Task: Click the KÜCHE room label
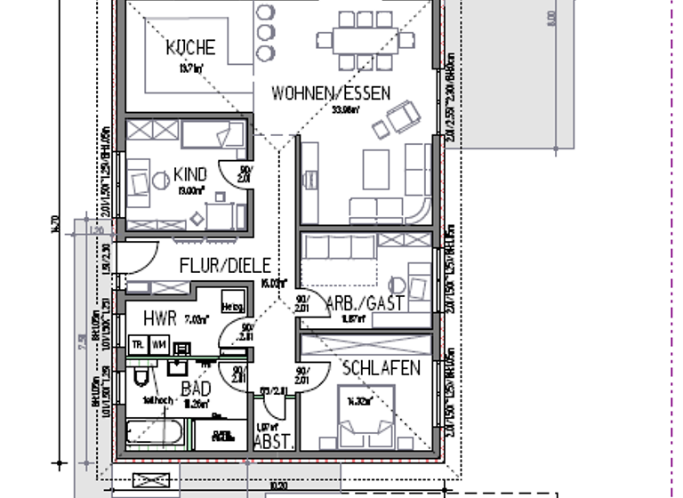190,48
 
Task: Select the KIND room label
190,173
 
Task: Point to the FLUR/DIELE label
224,265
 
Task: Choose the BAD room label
196,389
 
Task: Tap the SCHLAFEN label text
381,368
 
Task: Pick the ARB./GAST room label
366,303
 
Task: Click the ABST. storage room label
269,439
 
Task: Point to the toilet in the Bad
141,380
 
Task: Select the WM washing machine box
159,343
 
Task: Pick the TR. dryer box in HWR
139,343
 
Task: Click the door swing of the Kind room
239,173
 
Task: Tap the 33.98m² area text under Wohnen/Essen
346,110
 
